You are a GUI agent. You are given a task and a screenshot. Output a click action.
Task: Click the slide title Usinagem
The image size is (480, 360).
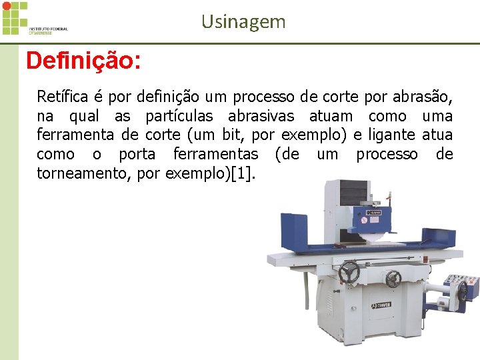pyautogui.click(x=243, y=22)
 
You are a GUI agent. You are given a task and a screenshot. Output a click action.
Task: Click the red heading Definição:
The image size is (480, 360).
pyautogui.click(x=83, y=61)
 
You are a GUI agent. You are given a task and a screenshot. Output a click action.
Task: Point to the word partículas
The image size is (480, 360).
pyautogui.click(x=179, y=117)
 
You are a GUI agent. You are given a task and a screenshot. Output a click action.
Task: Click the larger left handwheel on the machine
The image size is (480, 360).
pyautogui.click(x=349, y=272)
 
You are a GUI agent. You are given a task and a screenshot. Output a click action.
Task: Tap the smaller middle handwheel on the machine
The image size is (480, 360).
pyautogui.click(x=393, y=279)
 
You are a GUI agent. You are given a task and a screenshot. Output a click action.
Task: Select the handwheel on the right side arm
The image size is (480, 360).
pyautogui.click(x=461, y=291)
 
